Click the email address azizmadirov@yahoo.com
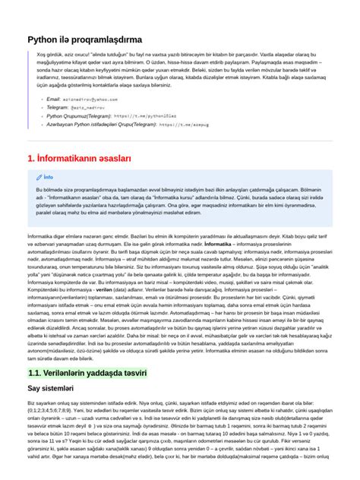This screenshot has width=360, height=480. point(91,99)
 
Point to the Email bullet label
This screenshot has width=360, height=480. point(54,99)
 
